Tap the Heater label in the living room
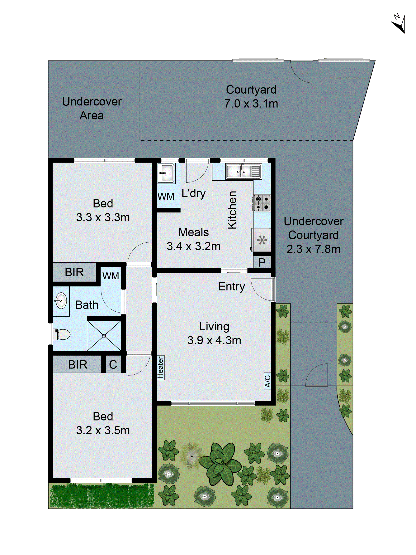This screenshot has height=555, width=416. coord(160,368)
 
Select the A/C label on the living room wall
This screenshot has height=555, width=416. coord(267,381)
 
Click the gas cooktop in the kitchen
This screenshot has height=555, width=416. coord(262,203)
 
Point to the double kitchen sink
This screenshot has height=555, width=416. coord(243,171)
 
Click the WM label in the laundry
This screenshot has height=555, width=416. coord(166,197)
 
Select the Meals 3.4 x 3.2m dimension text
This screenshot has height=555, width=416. coord(193,246)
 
